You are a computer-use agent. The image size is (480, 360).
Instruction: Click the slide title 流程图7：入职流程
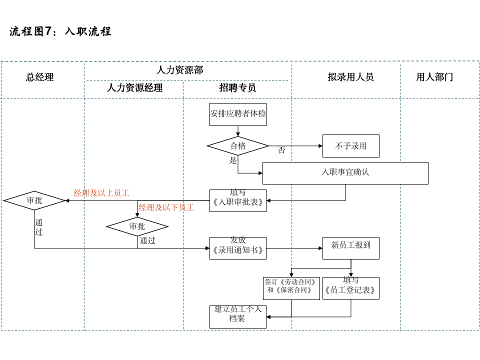pyautogui.click(x=60, y=31)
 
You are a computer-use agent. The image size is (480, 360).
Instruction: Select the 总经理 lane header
pyautogui.click(x=40, y=77)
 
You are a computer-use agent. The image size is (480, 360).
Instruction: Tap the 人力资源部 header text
pyautogui.click(x=179, y=69)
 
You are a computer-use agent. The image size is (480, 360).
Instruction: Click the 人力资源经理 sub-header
pyautogui.click(x=134, y=88)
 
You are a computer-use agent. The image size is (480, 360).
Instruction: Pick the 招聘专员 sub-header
pyautogui.click(x=237, y=88)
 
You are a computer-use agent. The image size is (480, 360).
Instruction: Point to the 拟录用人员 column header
pyautogui.click(x=350, y=77)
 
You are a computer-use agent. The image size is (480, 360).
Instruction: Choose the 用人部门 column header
pyautogui.click(x=434, y=77)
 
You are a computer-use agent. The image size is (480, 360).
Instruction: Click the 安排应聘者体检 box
pyautogui.click(x=238, y=114)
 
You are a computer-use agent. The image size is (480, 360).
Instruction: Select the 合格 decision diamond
pyautogui.click(x=238, y=146)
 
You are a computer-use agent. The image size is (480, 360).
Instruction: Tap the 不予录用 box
pyautogui.click(x=350, y=146)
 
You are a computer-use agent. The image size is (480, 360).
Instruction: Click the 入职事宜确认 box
pyautogui.click(x=345, y=173)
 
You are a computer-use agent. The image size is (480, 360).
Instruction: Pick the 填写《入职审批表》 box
pyautogui.click(x=238, y=200)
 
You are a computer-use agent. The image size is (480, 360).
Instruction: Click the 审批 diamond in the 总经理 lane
pyautogui.click(x=34, y=200)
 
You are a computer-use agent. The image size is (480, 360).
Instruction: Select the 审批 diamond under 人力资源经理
pyautogui.click(x=137, y=226)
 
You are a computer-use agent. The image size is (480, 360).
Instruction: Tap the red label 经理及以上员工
pyautogui.click(x=101, y=193)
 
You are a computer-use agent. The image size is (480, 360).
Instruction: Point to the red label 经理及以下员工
pyautogui.click(x=166, y=207)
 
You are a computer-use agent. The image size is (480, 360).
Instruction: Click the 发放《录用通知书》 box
pyautogui.click(x=238, y=248)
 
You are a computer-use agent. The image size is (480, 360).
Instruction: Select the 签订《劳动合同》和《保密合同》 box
pyautogui.click(x=291, y=288)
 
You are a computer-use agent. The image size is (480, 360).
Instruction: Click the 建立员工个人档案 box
pyautogui.click(x=238, y=316)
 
